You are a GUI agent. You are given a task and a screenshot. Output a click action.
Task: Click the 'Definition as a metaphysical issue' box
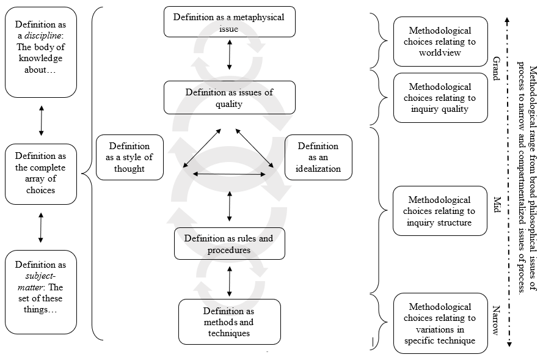tap(229, 22)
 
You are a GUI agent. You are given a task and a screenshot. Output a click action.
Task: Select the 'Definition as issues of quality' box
tap(229, 98)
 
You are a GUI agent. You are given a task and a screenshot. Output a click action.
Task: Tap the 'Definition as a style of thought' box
tap(129, 157)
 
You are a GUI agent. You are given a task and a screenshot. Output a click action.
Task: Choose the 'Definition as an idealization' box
tap(318, 157)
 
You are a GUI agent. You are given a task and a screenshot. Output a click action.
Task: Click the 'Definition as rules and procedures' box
tap(229, 243)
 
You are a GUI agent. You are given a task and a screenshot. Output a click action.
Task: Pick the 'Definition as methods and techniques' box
tap(229, 321)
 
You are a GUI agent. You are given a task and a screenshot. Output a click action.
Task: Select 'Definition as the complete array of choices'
tap(41, 174)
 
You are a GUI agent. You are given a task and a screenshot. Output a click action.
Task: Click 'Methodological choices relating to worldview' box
tap(440, 42)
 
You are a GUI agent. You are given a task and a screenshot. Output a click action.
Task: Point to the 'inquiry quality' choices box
tap(440, 98)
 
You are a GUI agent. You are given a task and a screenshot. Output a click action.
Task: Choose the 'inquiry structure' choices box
tap(440, 211)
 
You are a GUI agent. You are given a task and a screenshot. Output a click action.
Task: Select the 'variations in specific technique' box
tap(440, 323)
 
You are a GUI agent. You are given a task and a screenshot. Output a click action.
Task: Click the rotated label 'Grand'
tap(496, 67)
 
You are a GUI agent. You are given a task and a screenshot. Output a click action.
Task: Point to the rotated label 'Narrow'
tap(496, 320)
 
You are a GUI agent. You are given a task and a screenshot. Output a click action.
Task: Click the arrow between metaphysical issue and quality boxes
tap(230, 54)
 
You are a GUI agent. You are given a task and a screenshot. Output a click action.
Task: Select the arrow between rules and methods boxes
tap(230, 281)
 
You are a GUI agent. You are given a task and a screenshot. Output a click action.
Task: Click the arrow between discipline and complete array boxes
tap(42, 120)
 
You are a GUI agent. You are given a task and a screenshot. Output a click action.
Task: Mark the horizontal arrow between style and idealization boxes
tap(229, 174)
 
